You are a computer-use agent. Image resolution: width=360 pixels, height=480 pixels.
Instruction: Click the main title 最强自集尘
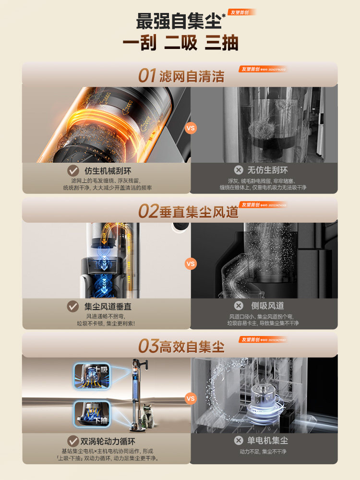(179, 22)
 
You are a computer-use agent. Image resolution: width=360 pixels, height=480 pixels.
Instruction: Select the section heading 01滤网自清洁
(181, 76)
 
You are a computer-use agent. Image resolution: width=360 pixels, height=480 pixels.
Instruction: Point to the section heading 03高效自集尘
(181, 346)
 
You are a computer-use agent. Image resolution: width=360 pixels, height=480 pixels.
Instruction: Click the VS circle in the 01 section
(191, 128)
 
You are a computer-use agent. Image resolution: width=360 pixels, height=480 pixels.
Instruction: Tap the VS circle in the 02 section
(191, 264)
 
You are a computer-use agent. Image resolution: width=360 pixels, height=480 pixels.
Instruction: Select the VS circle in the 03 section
(191, 398)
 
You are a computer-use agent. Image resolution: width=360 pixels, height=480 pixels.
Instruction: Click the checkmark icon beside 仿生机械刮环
(73, 170)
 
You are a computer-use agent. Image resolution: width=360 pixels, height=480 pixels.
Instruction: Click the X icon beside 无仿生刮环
(238, 170)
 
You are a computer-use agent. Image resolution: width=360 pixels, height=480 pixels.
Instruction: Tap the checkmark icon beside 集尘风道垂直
(73, 306)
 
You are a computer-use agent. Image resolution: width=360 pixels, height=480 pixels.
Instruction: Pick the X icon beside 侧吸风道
(238, 306)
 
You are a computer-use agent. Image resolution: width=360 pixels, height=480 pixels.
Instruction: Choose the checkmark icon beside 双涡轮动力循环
(73, 440)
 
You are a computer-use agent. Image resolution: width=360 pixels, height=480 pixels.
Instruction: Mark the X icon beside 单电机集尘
(238, 440)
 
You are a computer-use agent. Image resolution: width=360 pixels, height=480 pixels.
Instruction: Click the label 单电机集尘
(267, 440)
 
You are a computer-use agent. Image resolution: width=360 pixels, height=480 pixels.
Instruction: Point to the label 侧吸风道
(267, 306)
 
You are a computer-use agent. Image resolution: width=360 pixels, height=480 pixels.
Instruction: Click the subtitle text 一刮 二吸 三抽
(180, 43)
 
